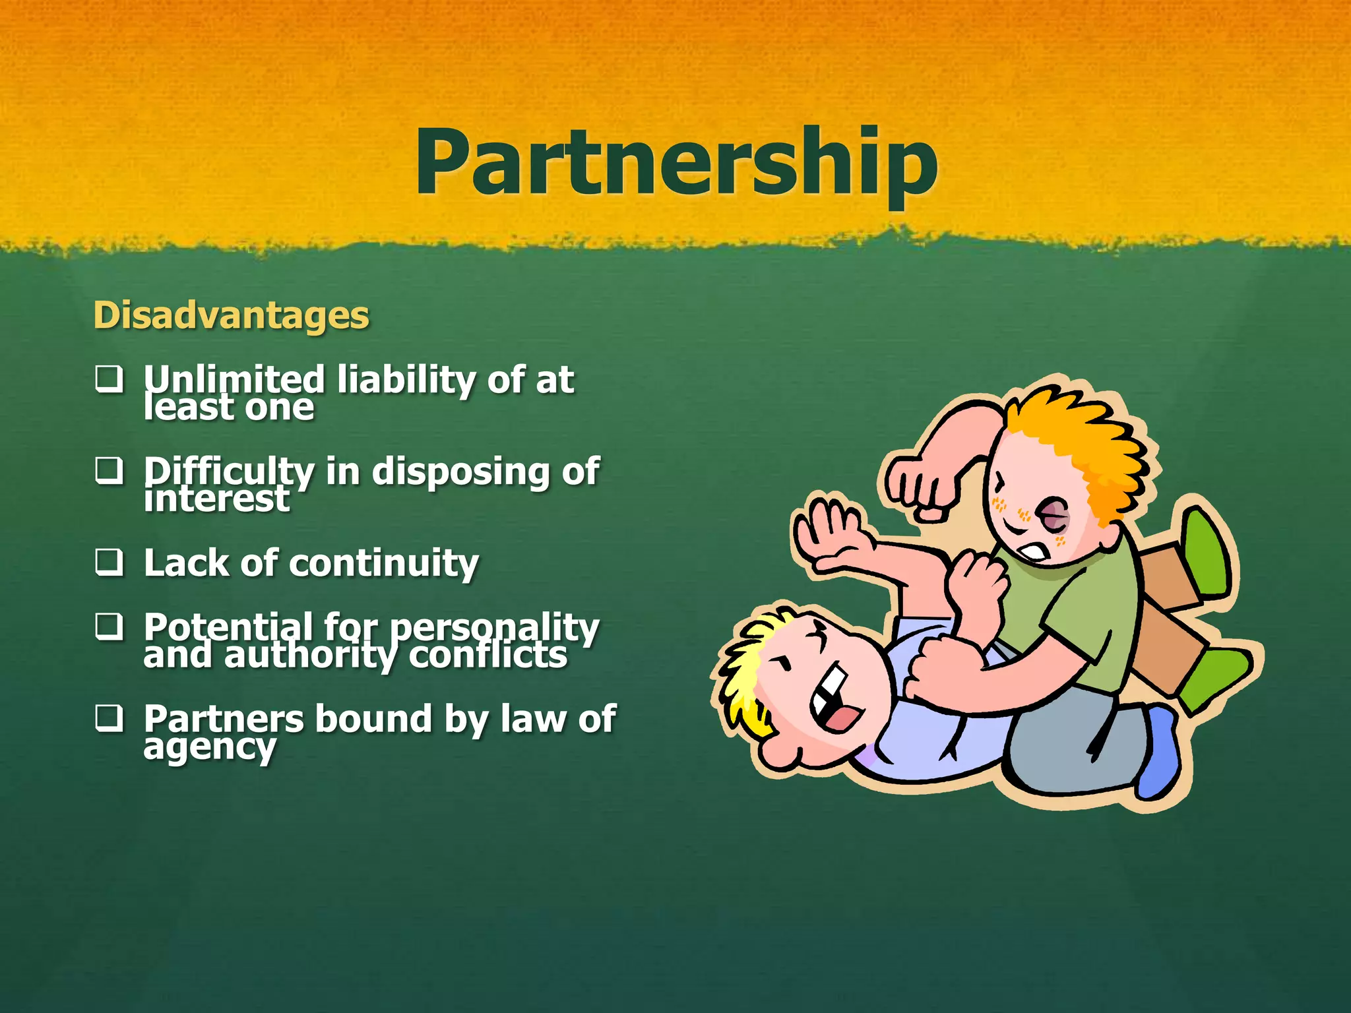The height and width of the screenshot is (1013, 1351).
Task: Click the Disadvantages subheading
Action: click(231, 315)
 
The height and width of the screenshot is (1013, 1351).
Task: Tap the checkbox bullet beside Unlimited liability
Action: click(109, 379)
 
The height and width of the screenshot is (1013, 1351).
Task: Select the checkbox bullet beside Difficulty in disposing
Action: click(109, 471)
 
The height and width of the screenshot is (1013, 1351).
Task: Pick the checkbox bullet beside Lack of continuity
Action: click(109, 563)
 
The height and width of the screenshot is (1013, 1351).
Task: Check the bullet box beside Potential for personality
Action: click(109, 626)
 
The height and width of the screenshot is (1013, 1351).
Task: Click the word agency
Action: click(210, 747)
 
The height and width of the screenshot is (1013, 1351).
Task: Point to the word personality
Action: click(494, 627)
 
